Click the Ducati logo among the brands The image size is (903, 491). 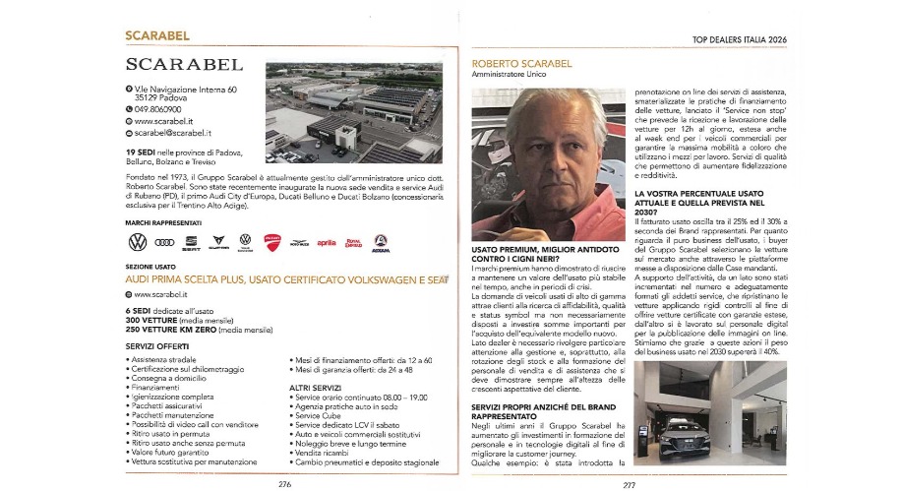[x=272, y=241]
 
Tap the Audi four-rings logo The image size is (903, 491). [x=165, y=241]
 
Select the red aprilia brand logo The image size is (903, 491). [x=326, y=242]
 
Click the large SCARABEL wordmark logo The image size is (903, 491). [x=184, y=66]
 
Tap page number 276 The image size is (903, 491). [x=284, y=483]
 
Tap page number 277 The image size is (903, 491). [x=630, y=483]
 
